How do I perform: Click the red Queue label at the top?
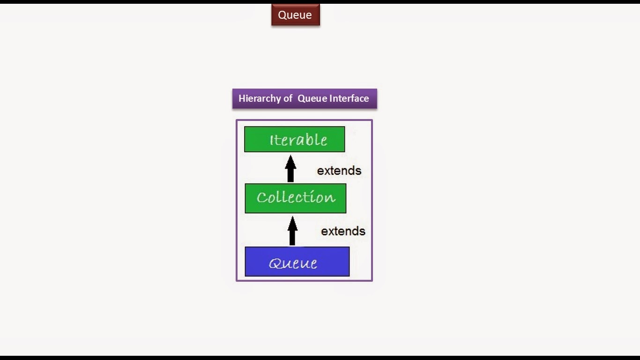(295, 15)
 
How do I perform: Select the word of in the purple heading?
(288, 98)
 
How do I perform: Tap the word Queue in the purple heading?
(313, 98)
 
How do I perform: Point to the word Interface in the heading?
(349, 98)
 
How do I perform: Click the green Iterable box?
(294, 139)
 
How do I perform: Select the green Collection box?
(295, 198)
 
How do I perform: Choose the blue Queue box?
(297, 262)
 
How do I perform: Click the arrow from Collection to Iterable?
(290, 169)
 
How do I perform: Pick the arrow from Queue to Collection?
(292, 231)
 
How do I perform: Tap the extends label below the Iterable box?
(339, 171)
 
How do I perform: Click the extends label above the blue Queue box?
(343, 231)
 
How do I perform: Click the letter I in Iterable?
(272, 140)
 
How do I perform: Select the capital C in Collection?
(261, 198)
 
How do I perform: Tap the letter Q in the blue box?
(275, 263)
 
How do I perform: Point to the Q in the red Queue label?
(282, 15)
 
